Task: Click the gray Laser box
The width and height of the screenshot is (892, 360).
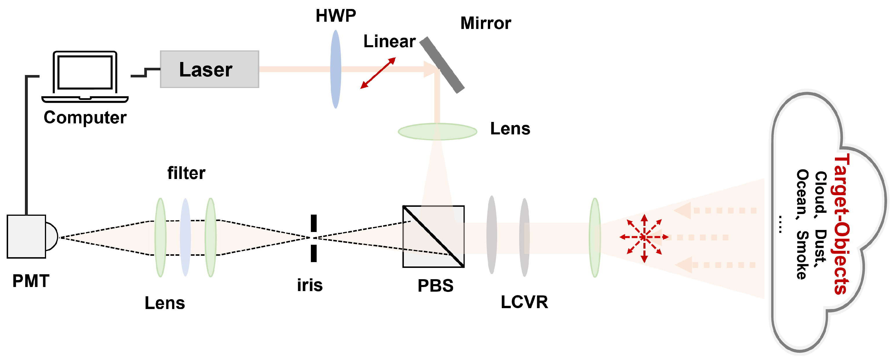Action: pos(209,69)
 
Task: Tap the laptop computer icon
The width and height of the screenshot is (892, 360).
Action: pos(85,76)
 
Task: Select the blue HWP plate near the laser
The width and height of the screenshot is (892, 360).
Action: pos(335,69)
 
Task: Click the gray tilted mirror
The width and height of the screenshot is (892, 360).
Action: pos(442,65)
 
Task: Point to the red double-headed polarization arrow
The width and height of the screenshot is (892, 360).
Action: pos(378,73)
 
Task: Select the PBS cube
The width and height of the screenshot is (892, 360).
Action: pos(433,236)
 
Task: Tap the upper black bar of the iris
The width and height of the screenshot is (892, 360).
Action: pos(313,223)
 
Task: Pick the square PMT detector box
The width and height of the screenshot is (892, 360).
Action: pos(26,236)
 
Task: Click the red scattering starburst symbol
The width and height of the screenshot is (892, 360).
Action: pos(644,237)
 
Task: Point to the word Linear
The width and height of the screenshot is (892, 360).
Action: pos(389,41)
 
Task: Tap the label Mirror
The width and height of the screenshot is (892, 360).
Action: pos(485,23)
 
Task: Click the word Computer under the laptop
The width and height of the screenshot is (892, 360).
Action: pos(85,117)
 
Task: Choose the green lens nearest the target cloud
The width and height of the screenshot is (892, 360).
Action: pos(594,237)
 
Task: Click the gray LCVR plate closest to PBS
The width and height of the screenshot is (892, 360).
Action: pos(491,235)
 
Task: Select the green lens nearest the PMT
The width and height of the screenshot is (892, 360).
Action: pos(160,237)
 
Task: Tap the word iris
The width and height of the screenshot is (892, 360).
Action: pos(310,285)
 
